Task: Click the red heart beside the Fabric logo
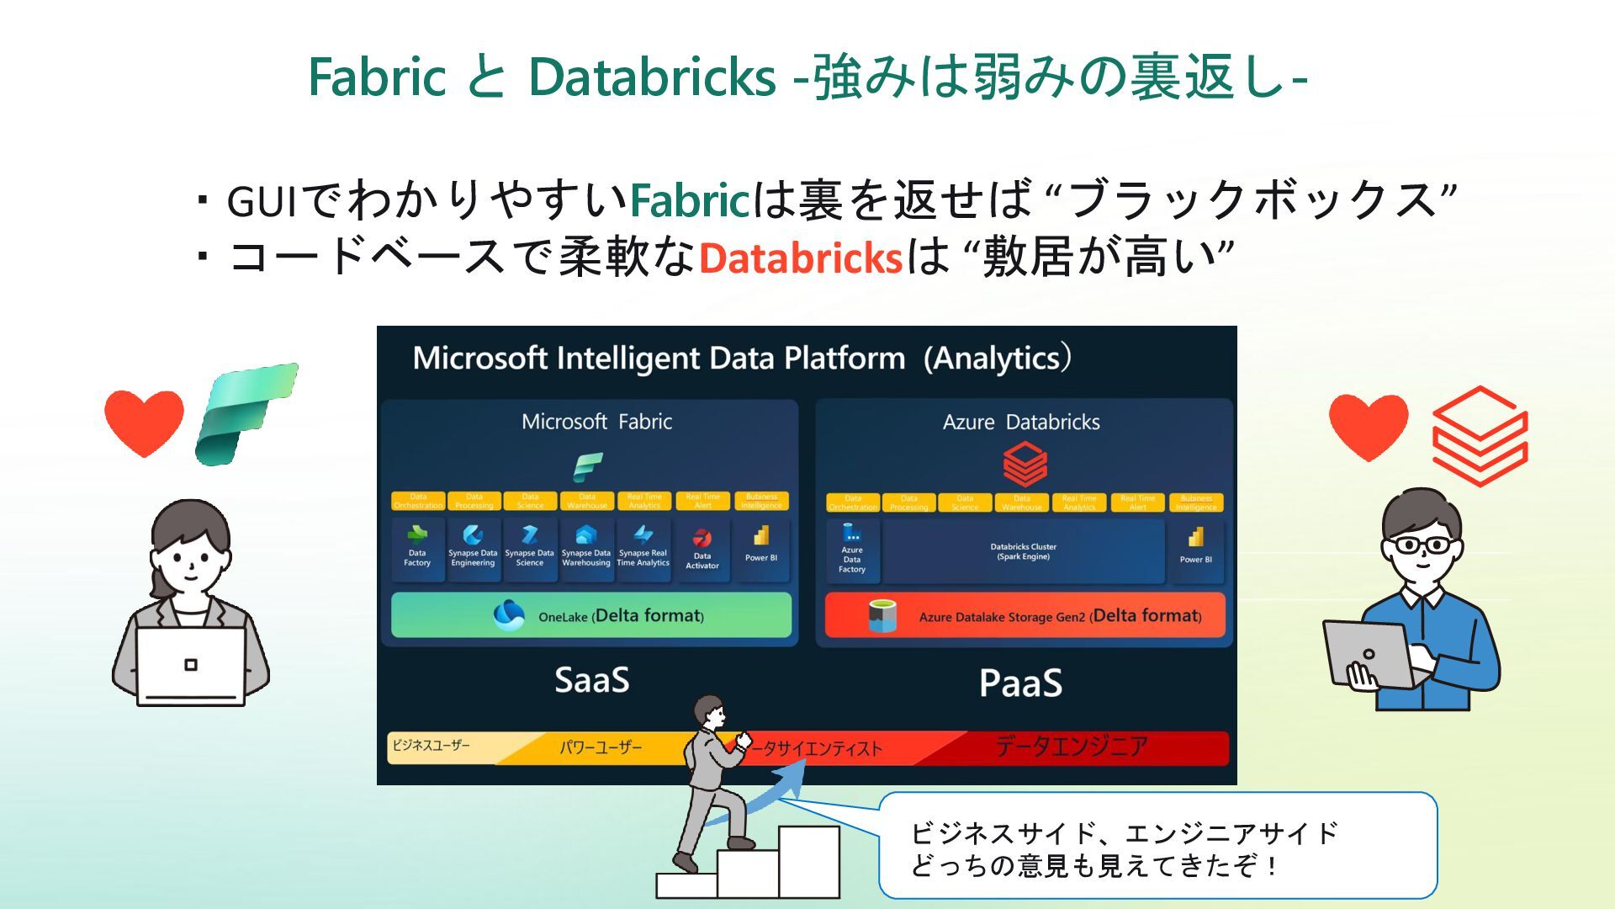pyautogui.click(x=144, y=422)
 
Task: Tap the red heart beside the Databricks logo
pyautogui.click(x=1369, y=426)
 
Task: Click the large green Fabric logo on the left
pyautogui.click(x=246, y=413)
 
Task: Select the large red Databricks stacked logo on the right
pyautogui.click(x=1480, y=436)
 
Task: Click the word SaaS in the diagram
pyautogui.click(x=591, y=680)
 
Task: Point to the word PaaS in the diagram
pyautogui.click(x=1020, y=683)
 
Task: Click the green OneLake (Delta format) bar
pyautogui.click(x=591, y=615)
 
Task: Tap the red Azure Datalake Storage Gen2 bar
pyautogui.click(x=1025, y=615)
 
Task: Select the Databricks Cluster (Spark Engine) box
pyautogui.click(x=1023, y=551)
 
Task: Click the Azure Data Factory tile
pyautogui.click(x=852, y=551)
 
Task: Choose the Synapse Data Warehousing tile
pyautogui.click(x=586, y=549)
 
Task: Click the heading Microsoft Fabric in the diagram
pyautogui.click(x=596, y=422)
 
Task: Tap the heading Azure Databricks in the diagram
pyautogui.click(x=1021, y=422)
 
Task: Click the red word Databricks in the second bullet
pyautogui.click(x=800, y=258)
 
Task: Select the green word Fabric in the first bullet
pyautogui.click(x=689, y=200)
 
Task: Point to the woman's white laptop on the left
pyautogui.click(x=191, y=666)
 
